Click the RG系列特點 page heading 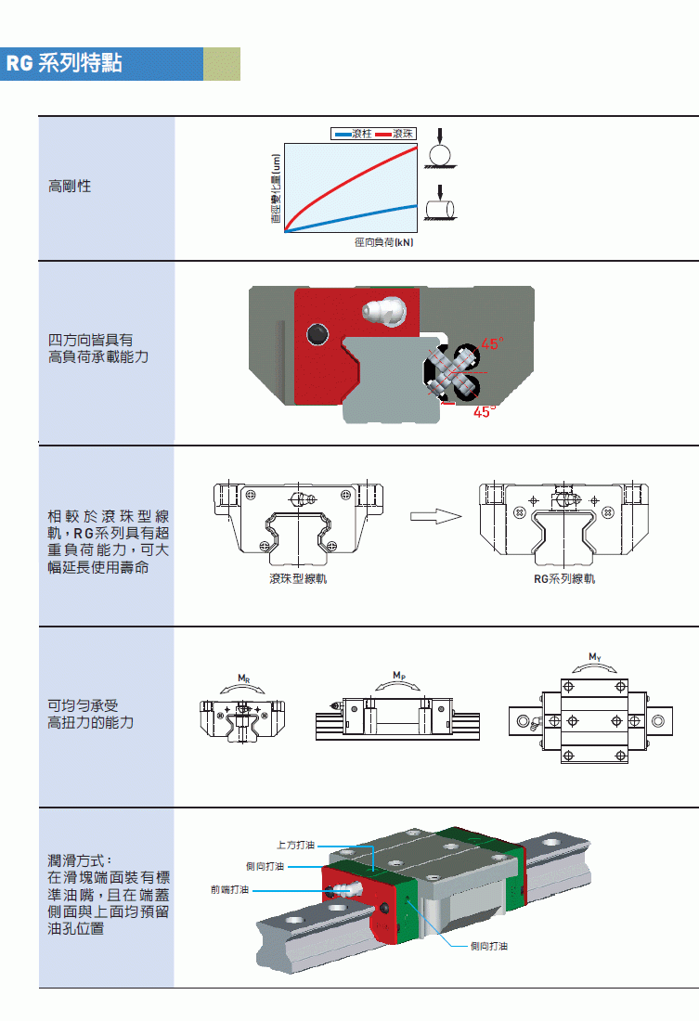(x=64, y=64)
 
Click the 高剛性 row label (x=70, y=187)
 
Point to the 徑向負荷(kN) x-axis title (x=383, y=243)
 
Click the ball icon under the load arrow (x=439, y=153)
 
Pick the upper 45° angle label (x=491, y=343)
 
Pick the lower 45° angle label (x=483, y=412)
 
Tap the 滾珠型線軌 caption (x=297, y=579)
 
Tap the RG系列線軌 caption (x=564, y=579)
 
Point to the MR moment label (x=243, y=679)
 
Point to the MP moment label (x=398, y=675)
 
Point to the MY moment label (x=595, y=657)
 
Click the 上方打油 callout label (x=296, y=846)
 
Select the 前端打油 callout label (x=229, y=890)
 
